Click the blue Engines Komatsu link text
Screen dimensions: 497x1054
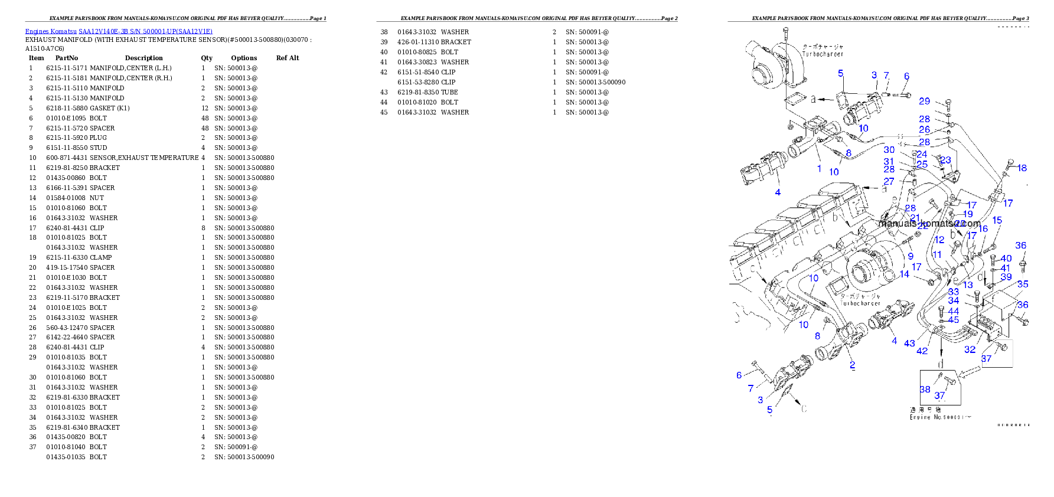click(119, 31)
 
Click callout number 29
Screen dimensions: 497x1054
click(924, 102)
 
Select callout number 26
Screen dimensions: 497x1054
click(924, 130)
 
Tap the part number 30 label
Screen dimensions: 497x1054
click(889, 150)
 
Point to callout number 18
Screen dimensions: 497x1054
click(1022, 168)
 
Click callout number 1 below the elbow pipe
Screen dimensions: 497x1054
click(819, 169)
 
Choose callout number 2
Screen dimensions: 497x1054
click(852, 365)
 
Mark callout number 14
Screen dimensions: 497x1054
click(904, 274)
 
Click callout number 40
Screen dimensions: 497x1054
click(1006, 259)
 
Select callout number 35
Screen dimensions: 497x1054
click(1023, 285)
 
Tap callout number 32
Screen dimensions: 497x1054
click(970, 349)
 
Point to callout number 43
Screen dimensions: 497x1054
click(909, 344)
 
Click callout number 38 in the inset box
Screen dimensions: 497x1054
click(925, 390)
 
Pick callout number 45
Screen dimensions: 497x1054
click(954, 320)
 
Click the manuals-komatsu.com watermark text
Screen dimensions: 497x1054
click(929, 224)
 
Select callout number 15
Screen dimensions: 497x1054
click(997, 221)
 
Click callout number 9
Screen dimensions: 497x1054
click(911, 256)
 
